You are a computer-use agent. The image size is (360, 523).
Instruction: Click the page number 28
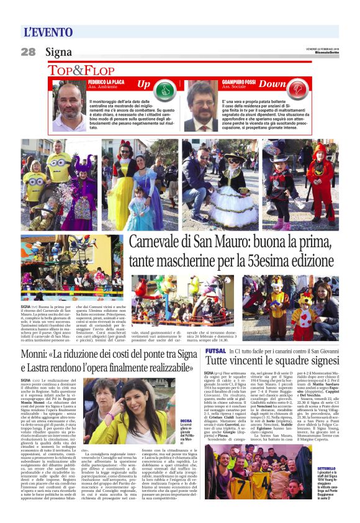(29, 52)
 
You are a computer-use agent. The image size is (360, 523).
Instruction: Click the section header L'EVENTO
(48, 31)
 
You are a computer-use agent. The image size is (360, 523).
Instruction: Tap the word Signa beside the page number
(58, 52)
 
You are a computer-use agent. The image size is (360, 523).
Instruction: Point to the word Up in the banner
(143, 84)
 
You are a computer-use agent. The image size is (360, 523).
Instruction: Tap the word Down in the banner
(273, 84)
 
